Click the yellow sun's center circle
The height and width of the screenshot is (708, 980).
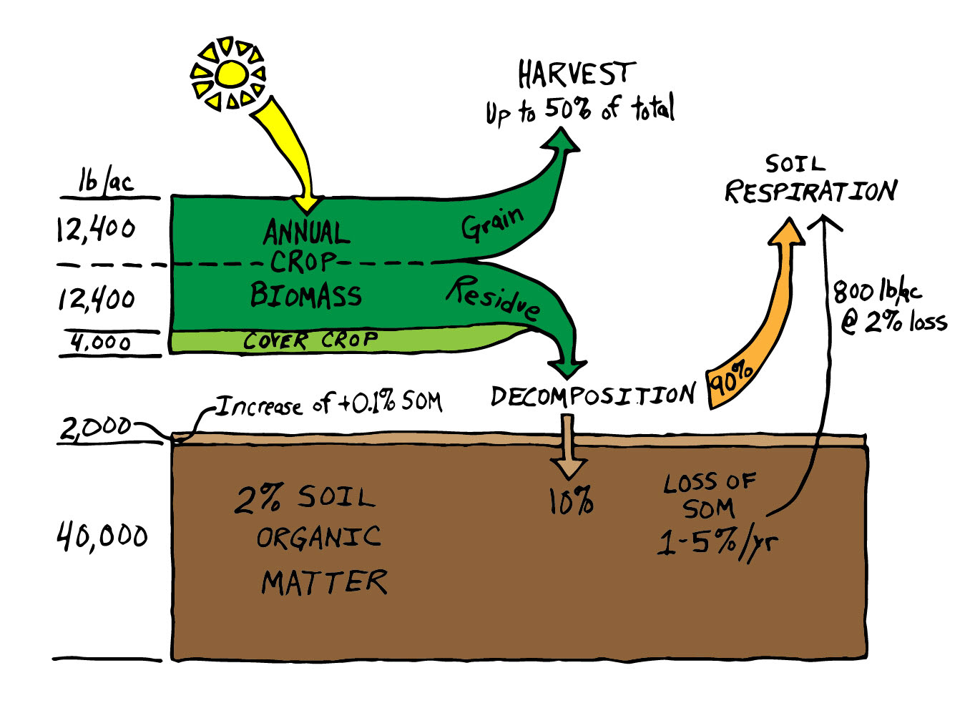click(x=231, y=74)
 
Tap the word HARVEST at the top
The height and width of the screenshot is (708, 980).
click(x=577, y=74)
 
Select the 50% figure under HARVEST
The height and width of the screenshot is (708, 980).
click(x=568, y=109)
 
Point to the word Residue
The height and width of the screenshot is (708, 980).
click(x=494, y=297)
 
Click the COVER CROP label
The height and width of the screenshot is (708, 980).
click(x=310, y=340)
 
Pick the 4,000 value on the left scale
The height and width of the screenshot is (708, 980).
click(x=101, y=343)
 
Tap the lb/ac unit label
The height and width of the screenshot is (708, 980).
click(x=106, y=182)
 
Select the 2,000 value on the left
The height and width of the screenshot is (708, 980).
click(x=95, y=428)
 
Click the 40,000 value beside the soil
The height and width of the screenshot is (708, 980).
click(x=102, y=536)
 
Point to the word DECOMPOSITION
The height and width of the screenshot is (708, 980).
click(x=592, y=395)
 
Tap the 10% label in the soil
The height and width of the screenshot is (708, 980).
click(x=571, y=501)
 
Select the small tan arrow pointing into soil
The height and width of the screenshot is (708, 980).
click(x=569, y=451)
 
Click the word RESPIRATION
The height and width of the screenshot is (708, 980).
click(x=810, y=192)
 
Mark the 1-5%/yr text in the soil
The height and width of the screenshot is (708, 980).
click(x=717, y=544)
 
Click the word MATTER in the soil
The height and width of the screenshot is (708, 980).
click(x=324, y=583)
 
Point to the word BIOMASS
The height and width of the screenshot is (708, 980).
click(x=306, y=295)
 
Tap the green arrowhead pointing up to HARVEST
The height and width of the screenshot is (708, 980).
click(x=562, y=139)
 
